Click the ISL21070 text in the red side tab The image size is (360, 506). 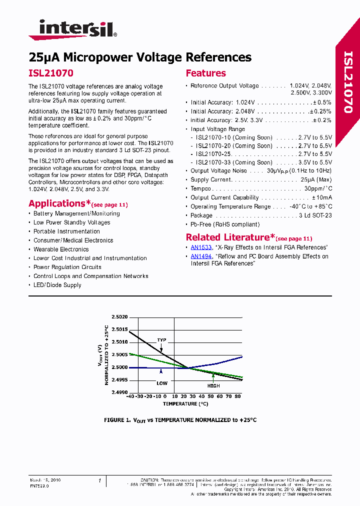pos(348,82)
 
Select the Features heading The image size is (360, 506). pos(205,73)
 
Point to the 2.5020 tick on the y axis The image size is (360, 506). pos(119,317)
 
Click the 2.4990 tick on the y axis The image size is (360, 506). pos(119,392)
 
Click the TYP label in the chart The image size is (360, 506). pos(161,340)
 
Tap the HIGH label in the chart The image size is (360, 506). pos(213,386)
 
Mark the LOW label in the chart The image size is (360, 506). pos(161,383)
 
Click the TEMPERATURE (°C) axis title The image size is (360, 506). pos(184,403)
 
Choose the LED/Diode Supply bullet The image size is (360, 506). pos(57,285)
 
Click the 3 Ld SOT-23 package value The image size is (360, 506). pos(315,215)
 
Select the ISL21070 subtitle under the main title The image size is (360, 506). pos(51,73)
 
